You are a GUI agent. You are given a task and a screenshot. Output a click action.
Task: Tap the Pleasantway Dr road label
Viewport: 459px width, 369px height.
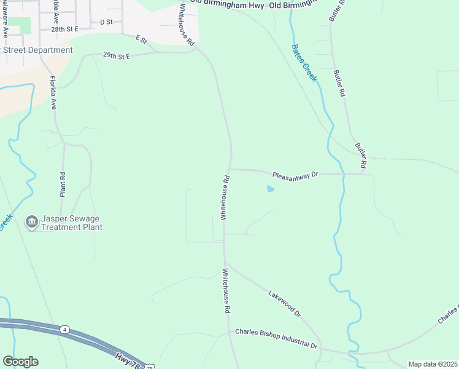point(296,175)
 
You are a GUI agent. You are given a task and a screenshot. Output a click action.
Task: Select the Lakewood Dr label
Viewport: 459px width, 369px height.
point(285,304)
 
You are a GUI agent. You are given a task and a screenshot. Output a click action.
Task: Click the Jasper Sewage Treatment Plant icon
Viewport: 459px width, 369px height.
point(31,222)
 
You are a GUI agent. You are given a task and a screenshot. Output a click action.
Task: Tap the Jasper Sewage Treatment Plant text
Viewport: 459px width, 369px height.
point(71,223)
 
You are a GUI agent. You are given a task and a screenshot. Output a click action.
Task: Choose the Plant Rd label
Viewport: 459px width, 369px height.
point(63,184)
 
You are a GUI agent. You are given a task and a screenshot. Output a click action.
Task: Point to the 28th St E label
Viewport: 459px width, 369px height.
point(64,29)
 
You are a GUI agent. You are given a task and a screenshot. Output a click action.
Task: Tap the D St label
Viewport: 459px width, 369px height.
point(106,22)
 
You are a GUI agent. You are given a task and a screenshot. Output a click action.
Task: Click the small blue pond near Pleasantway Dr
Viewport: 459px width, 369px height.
point(270,189)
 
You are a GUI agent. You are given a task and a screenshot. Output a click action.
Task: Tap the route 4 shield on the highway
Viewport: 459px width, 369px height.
point(64,330)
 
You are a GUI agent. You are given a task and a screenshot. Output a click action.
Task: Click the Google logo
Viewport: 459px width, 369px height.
point(20,362)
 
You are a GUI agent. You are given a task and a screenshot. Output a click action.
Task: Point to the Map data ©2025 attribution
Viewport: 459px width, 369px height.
point(432,363)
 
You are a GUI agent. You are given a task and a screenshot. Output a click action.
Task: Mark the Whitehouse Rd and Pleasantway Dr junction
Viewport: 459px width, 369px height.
point(229,169)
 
